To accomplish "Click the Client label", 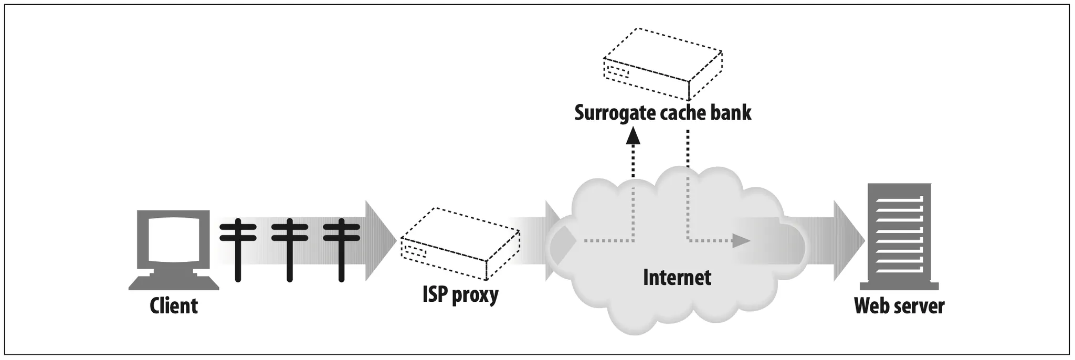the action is tap(174, 305).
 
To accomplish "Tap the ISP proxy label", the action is tap(460, 294).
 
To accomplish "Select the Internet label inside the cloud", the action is tap(677, 277).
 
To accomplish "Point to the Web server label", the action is tap(899, 305).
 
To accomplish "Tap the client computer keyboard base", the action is tap(174, 283).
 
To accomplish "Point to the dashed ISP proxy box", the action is tap(460, 243).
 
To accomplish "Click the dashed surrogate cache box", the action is tap(663, 64).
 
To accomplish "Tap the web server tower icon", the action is tap(899, 237).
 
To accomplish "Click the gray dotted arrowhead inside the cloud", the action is tap(741, 241).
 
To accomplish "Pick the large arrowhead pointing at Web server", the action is tap(849, 241).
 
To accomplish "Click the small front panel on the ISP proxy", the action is tap(415, 252).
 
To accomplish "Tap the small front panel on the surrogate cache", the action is tap(617, 70).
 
